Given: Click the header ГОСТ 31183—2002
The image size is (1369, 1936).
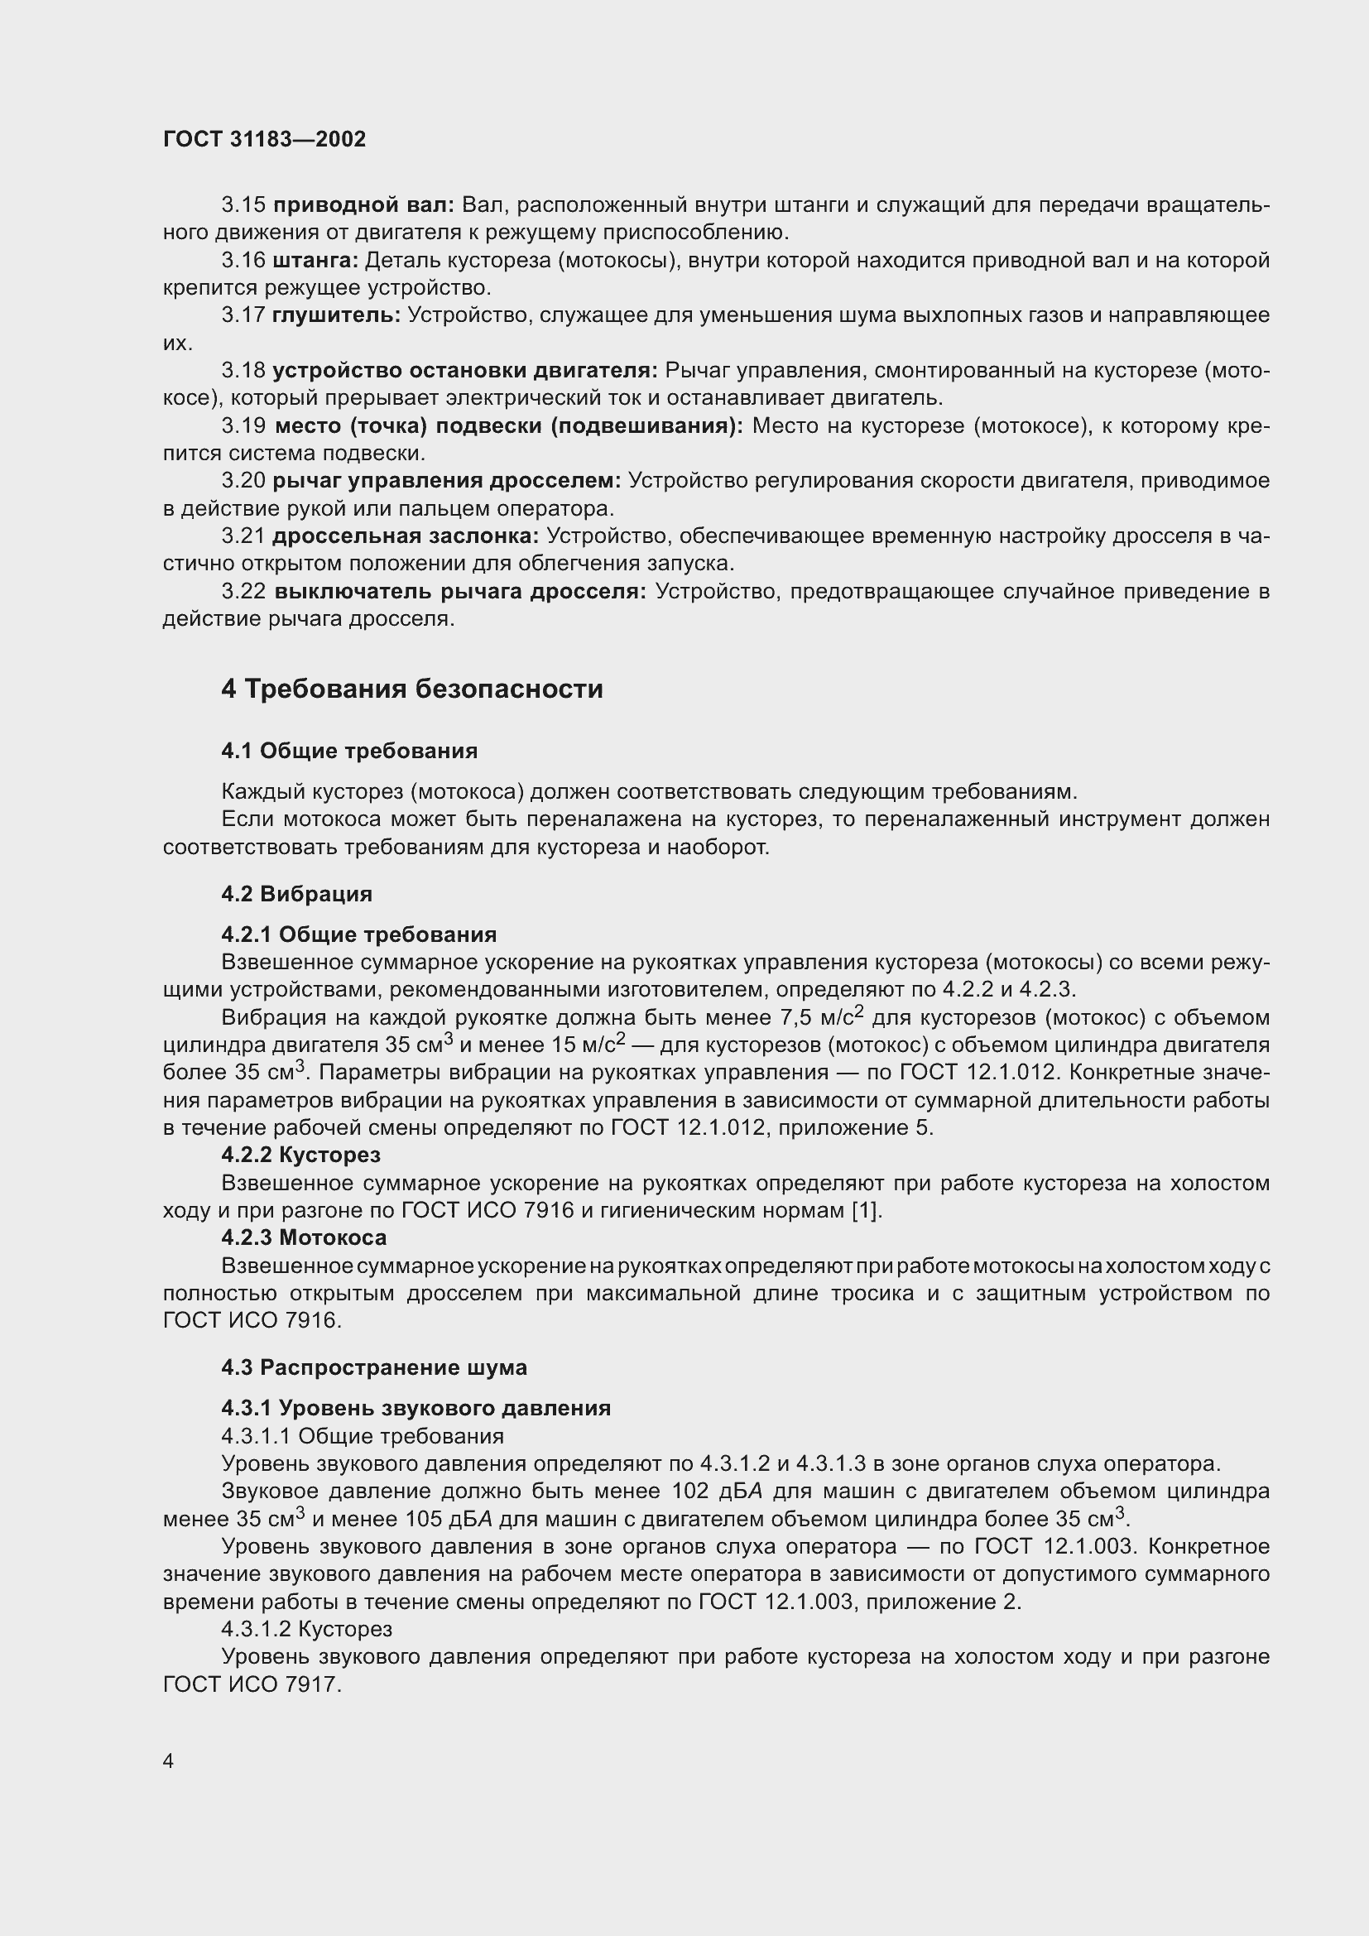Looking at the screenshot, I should tap(264, 139).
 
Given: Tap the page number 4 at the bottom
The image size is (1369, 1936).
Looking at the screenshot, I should tap(169, 1761).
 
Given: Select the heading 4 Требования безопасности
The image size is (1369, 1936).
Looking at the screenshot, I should tap(412, 689).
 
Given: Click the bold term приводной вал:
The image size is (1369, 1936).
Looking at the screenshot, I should tap(364, 205).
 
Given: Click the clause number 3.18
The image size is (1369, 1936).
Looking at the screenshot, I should tap(243, 370).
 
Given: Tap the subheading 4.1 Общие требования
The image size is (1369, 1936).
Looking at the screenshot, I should tap(349, 751).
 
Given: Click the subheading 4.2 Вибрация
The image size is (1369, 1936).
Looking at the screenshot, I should tap(297, 893).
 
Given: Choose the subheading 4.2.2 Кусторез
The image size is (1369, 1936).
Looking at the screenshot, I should tap(301, 1155).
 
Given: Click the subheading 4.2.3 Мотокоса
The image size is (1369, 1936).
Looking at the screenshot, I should tap(305, 1237).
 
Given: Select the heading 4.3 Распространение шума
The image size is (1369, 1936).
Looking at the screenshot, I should tap(374, 1367).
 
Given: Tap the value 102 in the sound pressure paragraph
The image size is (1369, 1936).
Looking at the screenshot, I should tap(690, 1491).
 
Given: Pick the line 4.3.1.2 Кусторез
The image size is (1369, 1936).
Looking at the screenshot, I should tap(307, 1628).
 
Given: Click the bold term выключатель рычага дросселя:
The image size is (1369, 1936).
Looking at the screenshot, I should tap(460, 591).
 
